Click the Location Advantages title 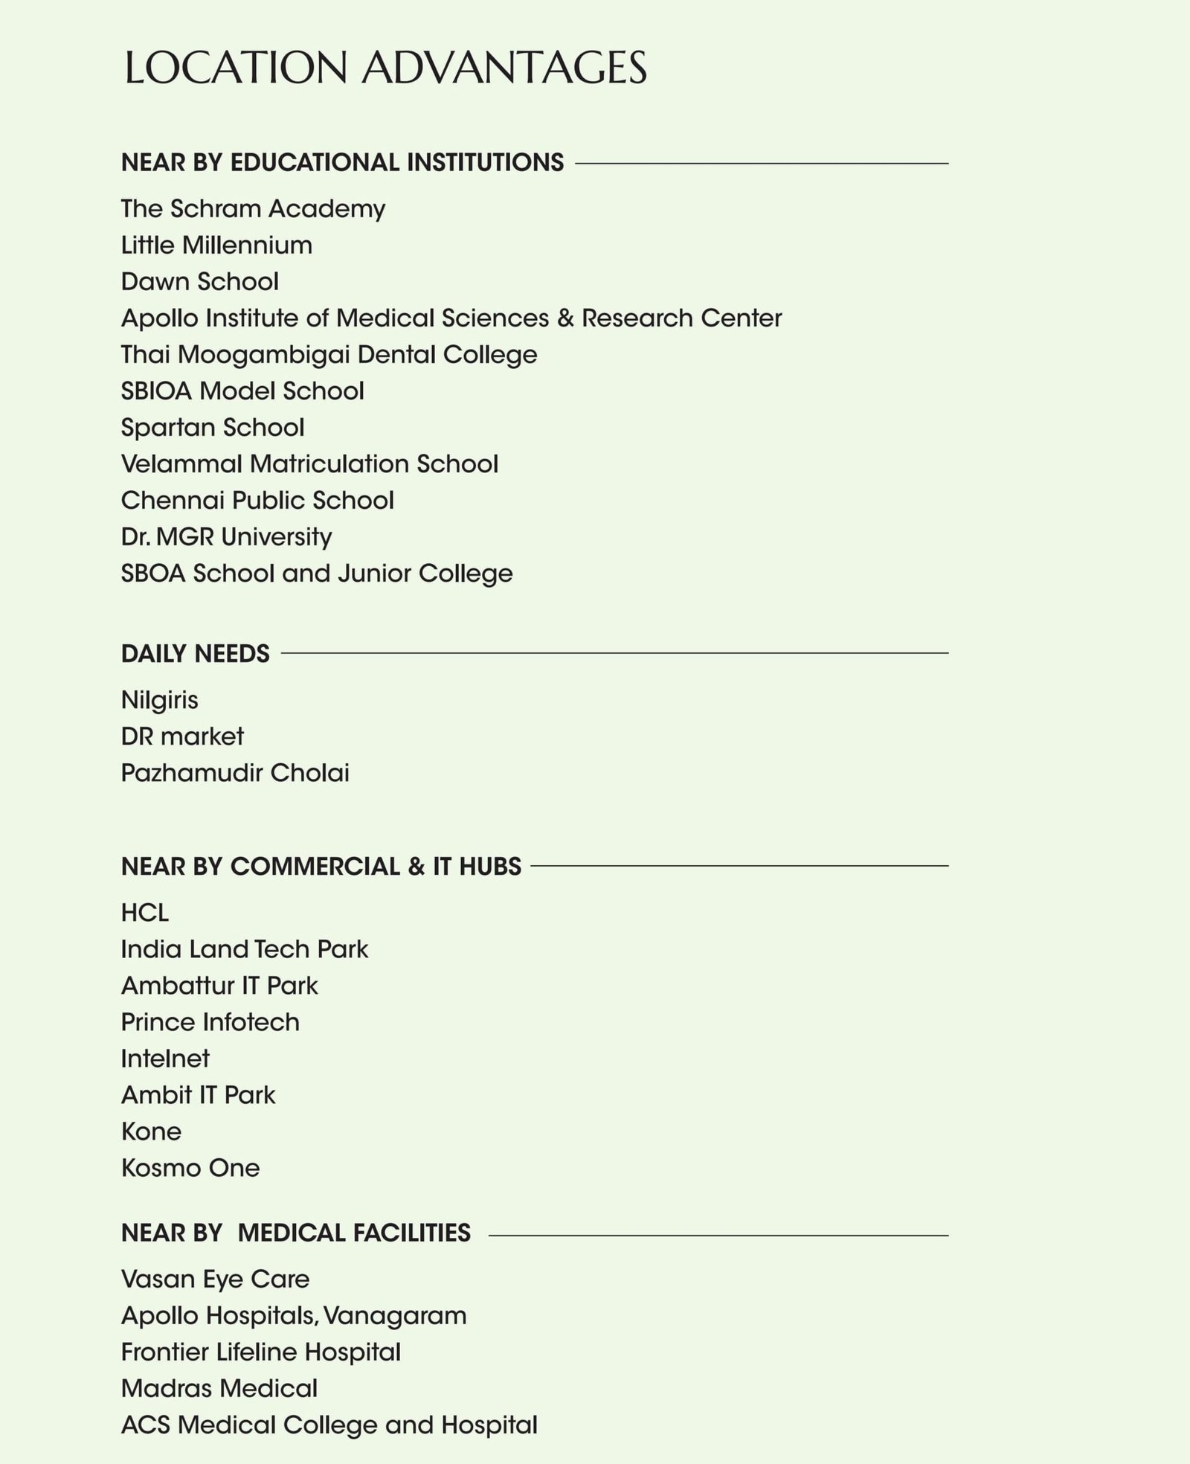(x=385, y=68)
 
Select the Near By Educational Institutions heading (x=342, y=162)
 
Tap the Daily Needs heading (x=195, y=654)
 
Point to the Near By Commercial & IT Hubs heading (x=321, y=867)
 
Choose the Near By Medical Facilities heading (x=295, y=1233)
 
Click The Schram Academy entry (x=253, y=209)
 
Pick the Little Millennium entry (x=216, y=245)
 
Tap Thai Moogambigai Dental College (x=329, y=355)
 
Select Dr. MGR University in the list (x=226, y=537)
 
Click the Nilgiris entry (x=159, y=700)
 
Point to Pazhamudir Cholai (x=235, y=773)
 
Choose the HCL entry (x=145, y=913)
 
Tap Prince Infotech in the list (x=210, y=1022)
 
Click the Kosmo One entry (x=190, y=1168)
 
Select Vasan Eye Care (x=215, y=1280)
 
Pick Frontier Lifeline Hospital (x=260, y=1352)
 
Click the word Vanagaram (x=395, y=1316)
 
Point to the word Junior (x=374, y=574)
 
